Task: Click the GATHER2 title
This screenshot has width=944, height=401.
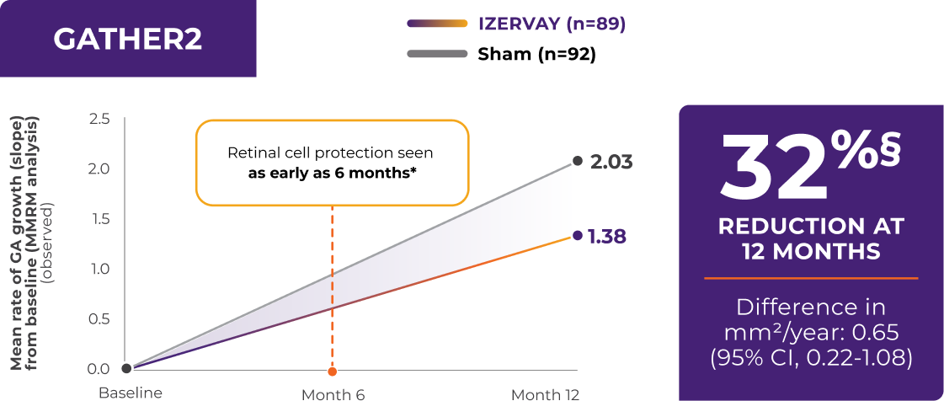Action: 127,39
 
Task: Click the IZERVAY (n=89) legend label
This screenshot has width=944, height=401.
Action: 552,24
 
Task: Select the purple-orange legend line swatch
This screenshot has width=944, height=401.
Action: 437,24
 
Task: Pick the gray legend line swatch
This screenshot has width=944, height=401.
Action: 437,54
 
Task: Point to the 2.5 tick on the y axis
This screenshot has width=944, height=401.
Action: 99,119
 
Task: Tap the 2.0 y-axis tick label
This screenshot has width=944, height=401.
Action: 99,168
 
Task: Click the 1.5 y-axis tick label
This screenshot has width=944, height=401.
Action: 99,219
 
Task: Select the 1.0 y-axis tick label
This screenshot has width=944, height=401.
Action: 99,269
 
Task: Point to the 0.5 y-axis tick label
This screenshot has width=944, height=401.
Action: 99,318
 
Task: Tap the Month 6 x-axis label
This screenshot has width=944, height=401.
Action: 333,394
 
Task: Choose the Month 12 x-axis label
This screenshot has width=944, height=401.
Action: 545,394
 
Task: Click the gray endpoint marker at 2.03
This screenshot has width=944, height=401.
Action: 577,161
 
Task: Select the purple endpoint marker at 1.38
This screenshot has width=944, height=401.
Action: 577,235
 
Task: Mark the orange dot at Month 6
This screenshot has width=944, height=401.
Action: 333,372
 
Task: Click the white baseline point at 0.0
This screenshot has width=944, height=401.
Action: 126,368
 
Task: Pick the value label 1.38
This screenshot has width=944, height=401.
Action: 608,236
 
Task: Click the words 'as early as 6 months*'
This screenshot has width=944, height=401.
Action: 331,174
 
